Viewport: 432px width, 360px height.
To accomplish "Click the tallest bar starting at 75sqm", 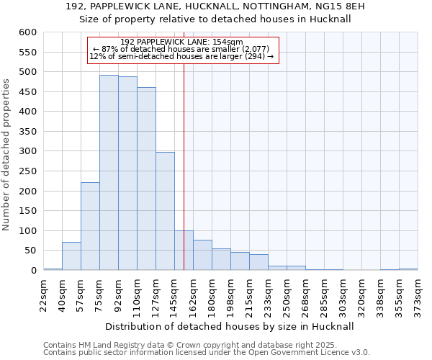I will [x=109, y=173].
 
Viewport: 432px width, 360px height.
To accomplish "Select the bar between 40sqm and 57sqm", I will [x=71, y=256].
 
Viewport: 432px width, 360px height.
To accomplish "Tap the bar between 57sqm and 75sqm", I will [x=90, y=226].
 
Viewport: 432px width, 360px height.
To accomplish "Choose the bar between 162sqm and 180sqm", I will [x=202, y=255].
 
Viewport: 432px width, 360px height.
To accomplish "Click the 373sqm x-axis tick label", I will [x=418, y=294].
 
